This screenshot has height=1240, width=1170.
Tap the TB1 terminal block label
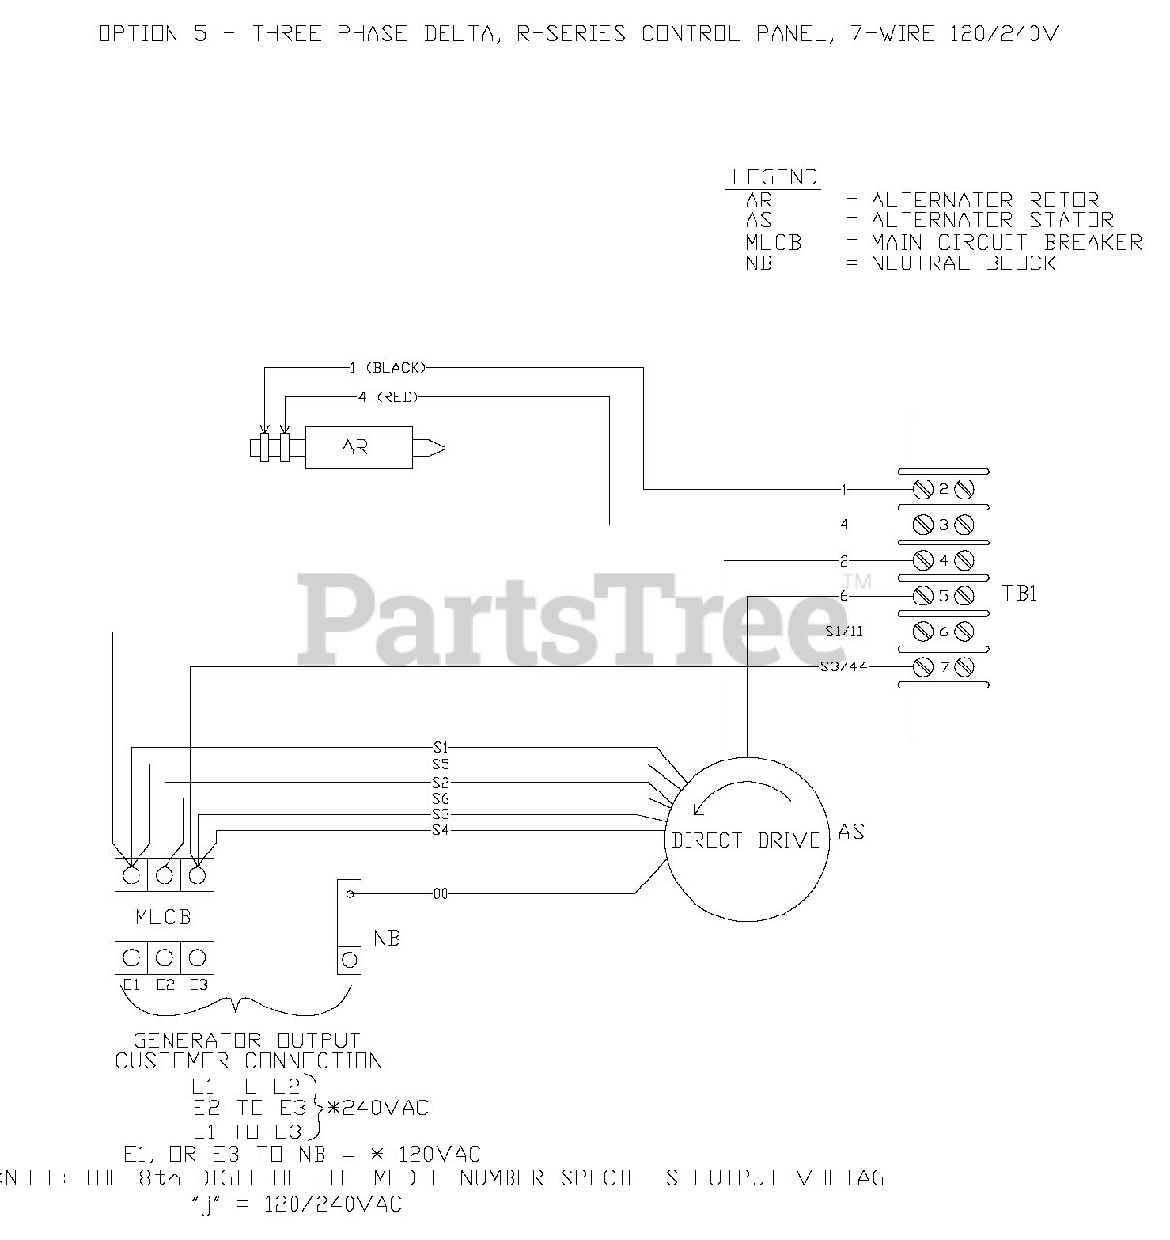pyautogui.click(x=1020, y=593)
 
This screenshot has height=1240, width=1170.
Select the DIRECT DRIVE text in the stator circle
pyautogui.click(x=746, y=840)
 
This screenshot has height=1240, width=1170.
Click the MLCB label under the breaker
pyautogui.click(x=163, y=916)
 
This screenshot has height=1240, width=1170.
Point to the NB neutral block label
pyautogui.click(x=386, y=938)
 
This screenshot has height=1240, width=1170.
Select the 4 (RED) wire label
pyautogui.click(x=387, y=397)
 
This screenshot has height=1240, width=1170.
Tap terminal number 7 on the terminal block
pyautogui.click(x=943, y=667)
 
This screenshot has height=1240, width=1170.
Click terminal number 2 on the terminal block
pyautogui.click(x=943, y=489)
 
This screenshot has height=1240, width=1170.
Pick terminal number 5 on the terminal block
pyautogui.click(x=943, y=595)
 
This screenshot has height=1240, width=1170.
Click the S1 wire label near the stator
pyautogui.click(x=441, y=747)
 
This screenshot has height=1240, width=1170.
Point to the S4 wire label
pyautogui.click(x=441, y=830)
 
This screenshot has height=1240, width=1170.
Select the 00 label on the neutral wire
pyautogui.click(x=441, y=894)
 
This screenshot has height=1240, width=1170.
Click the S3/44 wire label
pyautogui.click(x=842, y=667)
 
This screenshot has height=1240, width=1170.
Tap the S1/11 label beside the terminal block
pyautogui.click(x=844, y=632)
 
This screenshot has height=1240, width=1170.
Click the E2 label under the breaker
pyautogui.click(x=165, y=985)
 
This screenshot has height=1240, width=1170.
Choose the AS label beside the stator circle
pyautogui.click(x=851, y=832)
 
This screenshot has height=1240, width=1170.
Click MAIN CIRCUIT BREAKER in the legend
pyautogui.click(x=1007, y=242)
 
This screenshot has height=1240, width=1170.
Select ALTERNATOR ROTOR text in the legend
pyautogui.click(x=985, y=201)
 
